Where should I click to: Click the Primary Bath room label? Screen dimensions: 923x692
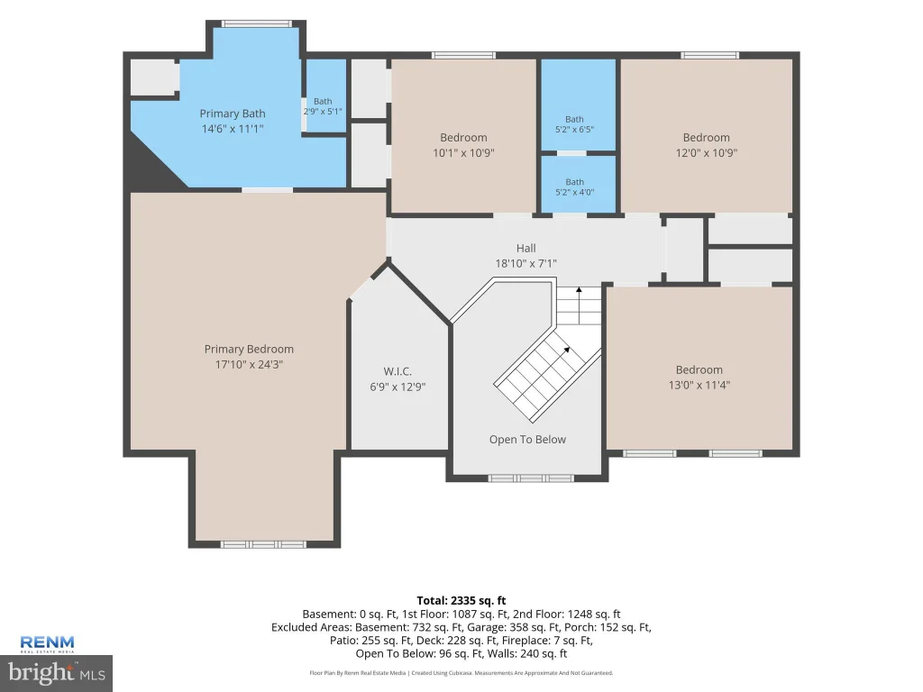click(232, 114)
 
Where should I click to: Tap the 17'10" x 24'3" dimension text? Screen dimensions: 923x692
click(249, 364)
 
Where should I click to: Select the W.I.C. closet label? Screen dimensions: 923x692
click(398, 371)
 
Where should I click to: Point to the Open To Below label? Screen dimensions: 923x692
click(527, 440)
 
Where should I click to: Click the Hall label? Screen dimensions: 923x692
click(526, 249)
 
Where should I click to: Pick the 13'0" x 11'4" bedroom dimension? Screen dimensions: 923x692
click(699, 385)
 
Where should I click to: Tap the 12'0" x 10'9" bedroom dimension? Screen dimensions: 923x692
click(707, 152)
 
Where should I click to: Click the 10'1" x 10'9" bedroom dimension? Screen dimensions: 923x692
click(464, 152)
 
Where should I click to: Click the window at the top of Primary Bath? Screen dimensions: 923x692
click(257, 24)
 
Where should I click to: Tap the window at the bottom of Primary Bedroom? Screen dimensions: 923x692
click(263, 544)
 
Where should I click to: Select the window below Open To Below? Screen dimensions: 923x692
click(530, 478)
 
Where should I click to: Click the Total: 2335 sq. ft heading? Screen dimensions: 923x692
click(461, 601)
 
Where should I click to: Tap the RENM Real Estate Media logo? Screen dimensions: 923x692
click(47, 643)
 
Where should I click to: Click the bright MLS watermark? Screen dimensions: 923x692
click(57, 672)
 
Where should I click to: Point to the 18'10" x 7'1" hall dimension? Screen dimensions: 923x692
click(526, 264)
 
